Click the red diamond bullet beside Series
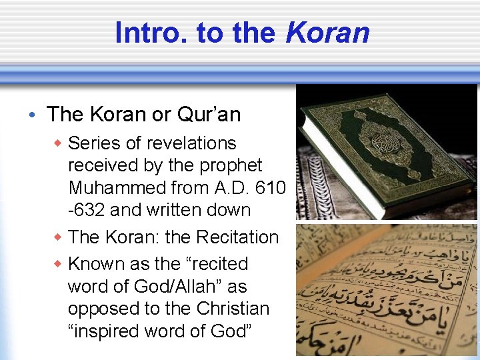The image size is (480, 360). (x=59, y=143)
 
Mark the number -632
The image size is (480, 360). (x=86, y=210)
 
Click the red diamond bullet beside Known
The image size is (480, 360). (x=59, y=264)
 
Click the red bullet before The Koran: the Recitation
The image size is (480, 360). (x=59, y=237)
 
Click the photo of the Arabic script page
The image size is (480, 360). (x=387, y=291)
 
